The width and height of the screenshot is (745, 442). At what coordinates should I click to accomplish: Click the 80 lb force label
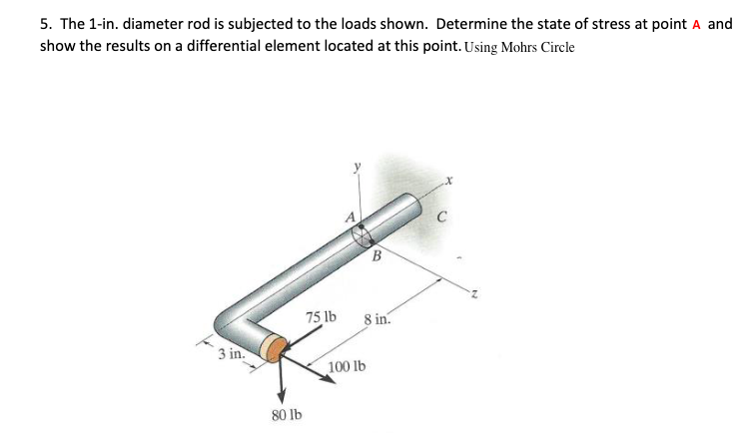pos(287,413)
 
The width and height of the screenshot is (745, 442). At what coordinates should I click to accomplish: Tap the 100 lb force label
pos(347,367)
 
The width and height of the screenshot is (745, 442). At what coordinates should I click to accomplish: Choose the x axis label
pos(450,181)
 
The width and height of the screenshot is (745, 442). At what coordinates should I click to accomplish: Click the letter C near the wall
pos(440,213)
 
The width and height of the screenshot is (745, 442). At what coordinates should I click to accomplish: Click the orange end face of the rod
pos(271,348)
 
